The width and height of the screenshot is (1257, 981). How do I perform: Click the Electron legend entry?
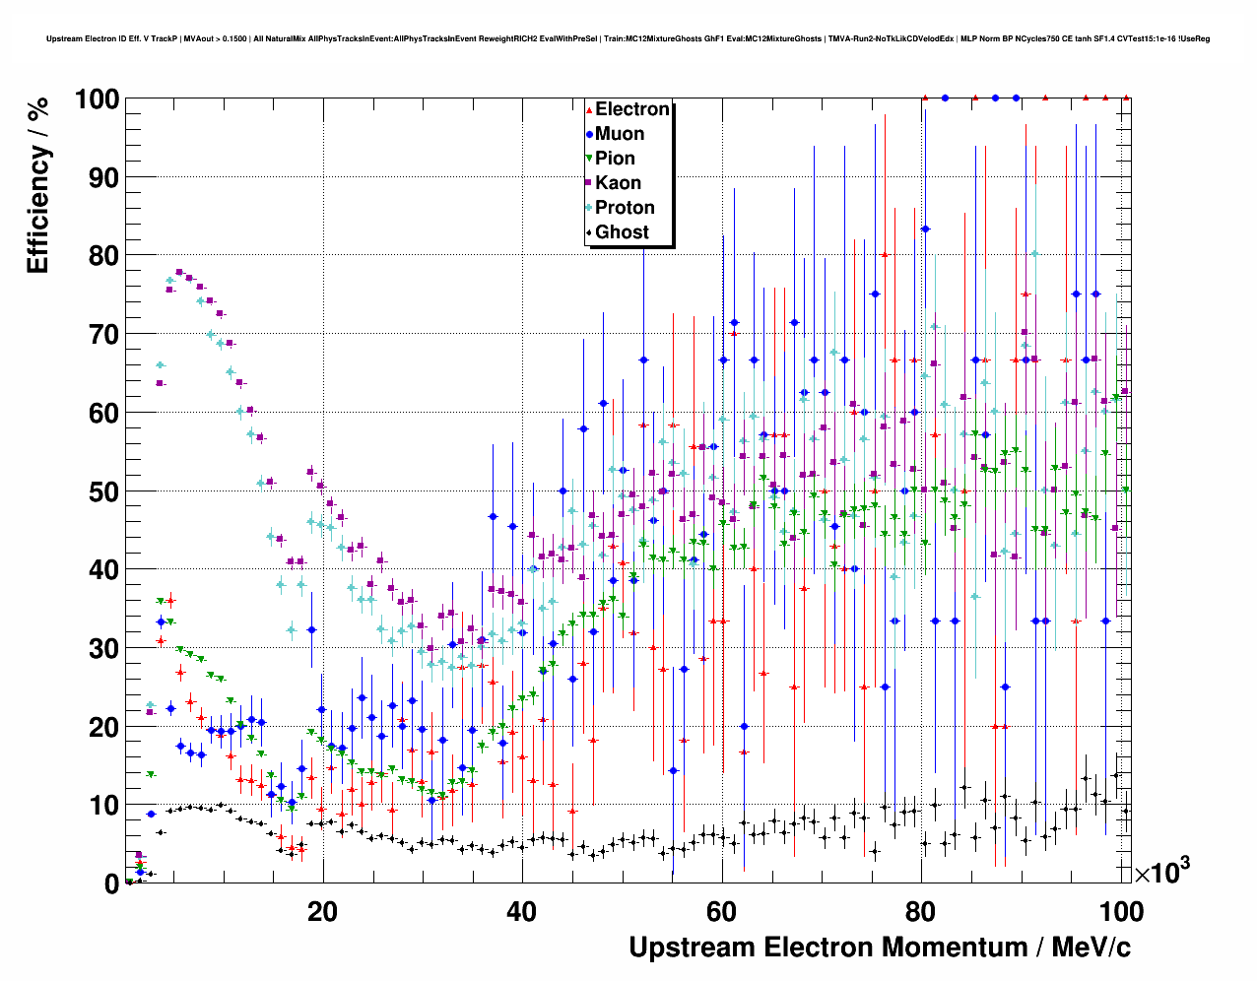[x=631, y=109]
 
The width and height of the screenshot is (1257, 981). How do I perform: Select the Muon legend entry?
[x=619, y=134]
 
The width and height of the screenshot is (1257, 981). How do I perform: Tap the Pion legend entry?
[x=615, y=159]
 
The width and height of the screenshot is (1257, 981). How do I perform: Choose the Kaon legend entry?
[x=618, y=183]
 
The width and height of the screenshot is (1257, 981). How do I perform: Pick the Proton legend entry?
[x=625, y=208]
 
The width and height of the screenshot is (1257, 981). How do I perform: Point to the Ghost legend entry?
[x=622, y=232]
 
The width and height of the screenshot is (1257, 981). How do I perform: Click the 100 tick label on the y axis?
[x=96, y=99]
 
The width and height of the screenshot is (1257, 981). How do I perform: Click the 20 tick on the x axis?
[x=322, y=912]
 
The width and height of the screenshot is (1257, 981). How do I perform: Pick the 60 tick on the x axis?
[x=721, y=912]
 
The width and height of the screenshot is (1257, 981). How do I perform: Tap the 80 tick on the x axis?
[x=921, y=912]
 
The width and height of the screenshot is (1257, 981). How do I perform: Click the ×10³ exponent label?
[x=1161, y=872]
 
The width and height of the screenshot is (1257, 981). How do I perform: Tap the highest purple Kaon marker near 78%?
[x=179, y=272]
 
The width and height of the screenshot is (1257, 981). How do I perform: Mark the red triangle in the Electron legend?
[x=589, y=110]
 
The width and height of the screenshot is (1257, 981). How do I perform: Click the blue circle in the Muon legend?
[x=589, y=135]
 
